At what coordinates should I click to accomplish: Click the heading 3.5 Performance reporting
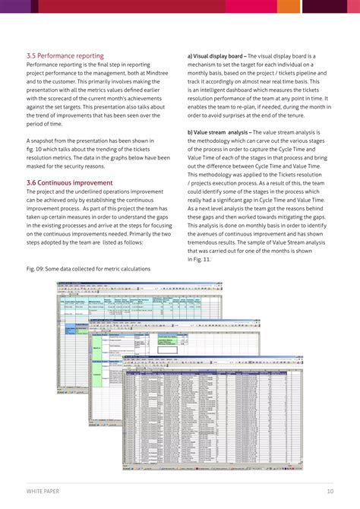pyautogui.click(x=66, y=55)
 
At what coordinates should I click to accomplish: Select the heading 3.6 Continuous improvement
pyautogui.click(x=69, y=183)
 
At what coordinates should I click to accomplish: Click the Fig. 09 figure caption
pyautogui.click(x=87, y=269)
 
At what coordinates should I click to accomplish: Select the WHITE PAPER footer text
pyautogui.click(x=43, y=491)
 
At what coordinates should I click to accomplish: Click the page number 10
pyautogui.click(x=330, y=491)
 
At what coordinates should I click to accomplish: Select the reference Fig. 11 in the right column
pyautogui.click(x=201, y=259)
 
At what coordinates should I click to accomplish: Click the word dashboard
pyautogui.click(x=242, y=90)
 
